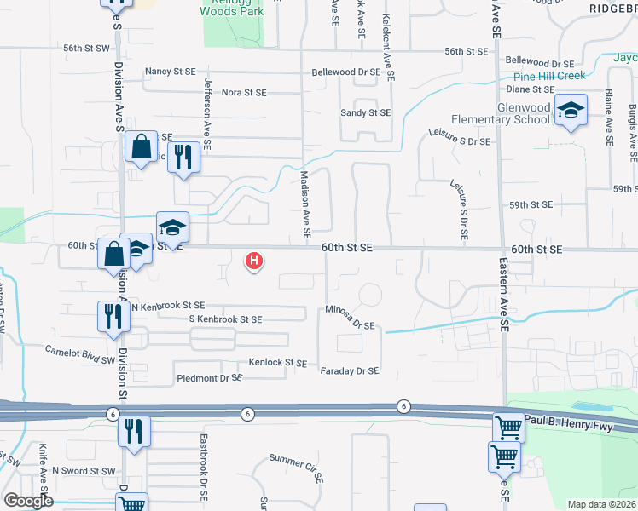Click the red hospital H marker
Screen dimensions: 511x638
pyautogui.click(x=253, y=261)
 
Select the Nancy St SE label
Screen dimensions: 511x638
pyautogui.click(x=171, y=72)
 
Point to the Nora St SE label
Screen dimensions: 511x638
pyautogui.click(x=244, y=92)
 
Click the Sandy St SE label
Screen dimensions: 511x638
pyautogui.click(x=365, y=112)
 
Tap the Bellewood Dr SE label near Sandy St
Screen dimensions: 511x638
pyautogui.click(x=345, y=72)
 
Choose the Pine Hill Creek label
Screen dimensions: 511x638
pyautogui.click(x=543, y=76)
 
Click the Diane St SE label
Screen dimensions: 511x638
pyautogui.click(x=531, y=89)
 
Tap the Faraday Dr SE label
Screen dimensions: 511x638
pyautogui.click(x=349, y=370)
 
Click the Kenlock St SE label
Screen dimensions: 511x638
pyautogui.click(x=277, y=363)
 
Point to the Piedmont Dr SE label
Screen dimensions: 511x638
pyautogui.click(x=210, y=377)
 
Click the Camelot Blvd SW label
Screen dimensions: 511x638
pyautogui.click(x=81, y=349)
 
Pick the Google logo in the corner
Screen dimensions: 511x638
pyautogui.click(x=28, y=501)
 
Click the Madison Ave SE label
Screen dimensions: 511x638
pyautogui.click(x=304, y=204)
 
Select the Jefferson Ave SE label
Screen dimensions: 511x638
pyautogui.click(x=206, y=111)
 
